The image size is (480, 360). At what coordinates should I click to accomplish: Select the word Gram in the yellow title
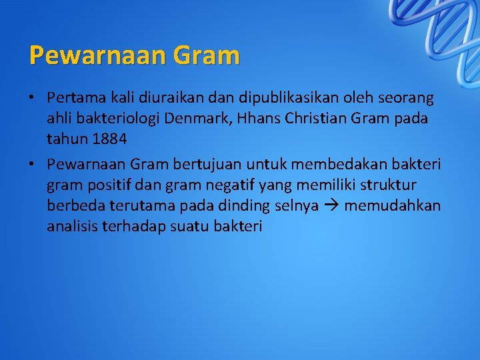206,55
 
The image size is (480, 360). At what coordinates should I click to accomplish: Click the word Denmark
219,119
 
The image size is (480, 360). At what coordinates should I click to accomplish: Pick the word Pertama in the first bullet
71,98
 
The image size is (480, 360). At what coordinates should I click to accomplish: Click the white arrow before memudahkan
331,205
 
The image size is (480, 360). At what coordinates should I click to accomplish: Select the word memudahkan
392,205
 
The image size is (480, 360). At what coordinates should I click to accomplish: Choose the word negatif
219,184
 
